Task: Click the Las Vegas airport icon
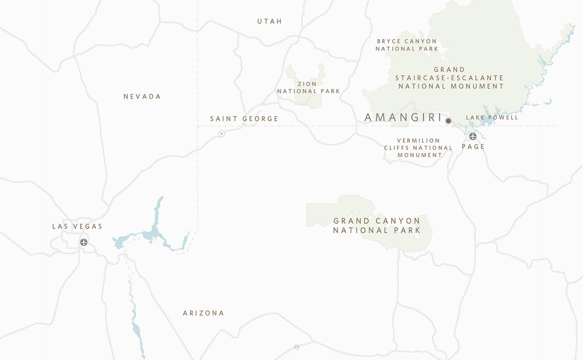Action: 84,243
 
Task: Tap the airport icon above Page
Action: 473,136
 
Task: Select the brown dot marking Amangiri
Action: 448,121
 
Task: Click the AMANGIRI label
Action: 403,117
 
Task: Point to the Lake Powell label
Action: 492,117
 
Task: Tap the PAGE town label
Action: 473,147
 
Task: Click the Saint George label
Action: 244,119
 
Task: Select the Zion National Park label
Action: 308,87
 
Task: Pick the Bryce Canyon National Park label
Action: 407,45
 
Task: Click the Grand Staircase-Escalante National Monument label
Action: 450,78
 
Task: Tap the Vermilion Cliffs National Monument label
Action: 418,148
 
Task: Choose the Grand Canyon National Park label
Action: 377,226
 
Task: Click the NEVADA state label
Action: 142,96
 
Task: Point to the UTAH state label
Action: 269,21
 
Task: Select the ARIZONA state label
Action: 203,313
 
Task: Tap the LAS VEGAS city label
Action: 77,227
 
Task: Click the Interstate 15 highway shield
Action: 221,133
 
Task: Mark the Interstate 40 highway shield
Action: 297,347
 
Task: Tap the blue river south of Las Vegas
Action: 136,324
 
